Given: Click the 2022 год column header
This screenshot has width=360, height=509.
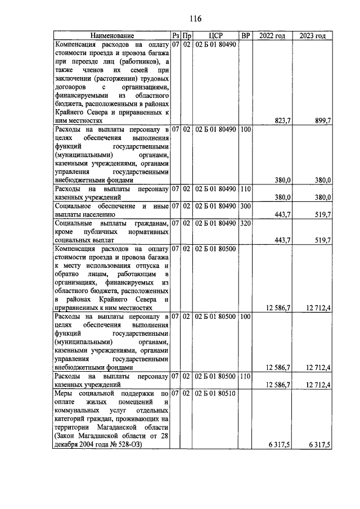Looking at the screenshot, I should tap(272, 36).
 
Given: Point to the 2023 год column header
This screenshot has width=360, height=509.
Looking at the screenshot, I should tap(313, 36).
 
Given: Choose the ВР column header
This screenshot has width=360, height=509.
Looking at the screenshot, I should tap(245, 36).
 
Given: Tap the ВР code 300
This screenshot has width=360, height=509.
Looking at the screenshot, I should tap(245, 206).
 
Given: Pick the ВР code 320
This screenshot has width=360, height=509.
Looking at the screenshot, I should tap(245, 223).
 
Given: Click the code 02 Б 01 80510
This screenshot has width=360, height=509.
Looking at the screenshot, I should tap(215, 393).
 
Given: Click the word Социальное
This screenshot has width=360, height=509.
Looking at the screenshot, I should tap(76, 206).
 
